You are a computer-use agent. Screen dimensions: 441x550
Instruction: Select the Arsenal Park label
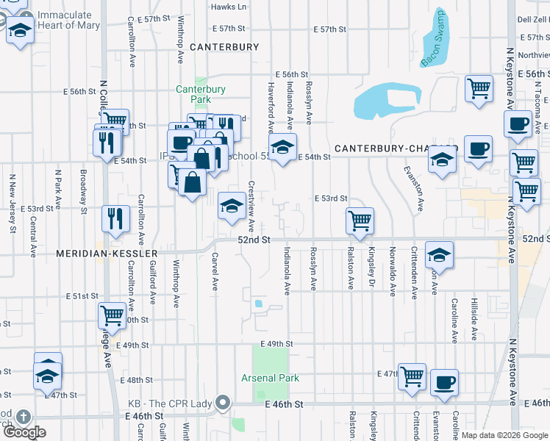click(271, 378)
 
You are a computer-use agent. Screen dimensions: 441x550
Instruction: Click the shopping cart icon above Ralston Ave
click(360, 220)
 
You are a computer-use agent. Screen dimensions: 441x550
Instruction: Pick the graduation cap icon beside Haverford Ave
click(282, 146)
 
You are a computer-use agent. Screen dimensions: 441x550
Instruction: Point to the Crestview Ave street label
click(251, 207)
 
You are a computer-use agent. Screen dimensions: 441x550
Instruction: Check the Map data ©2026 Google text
click(504, 435)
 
